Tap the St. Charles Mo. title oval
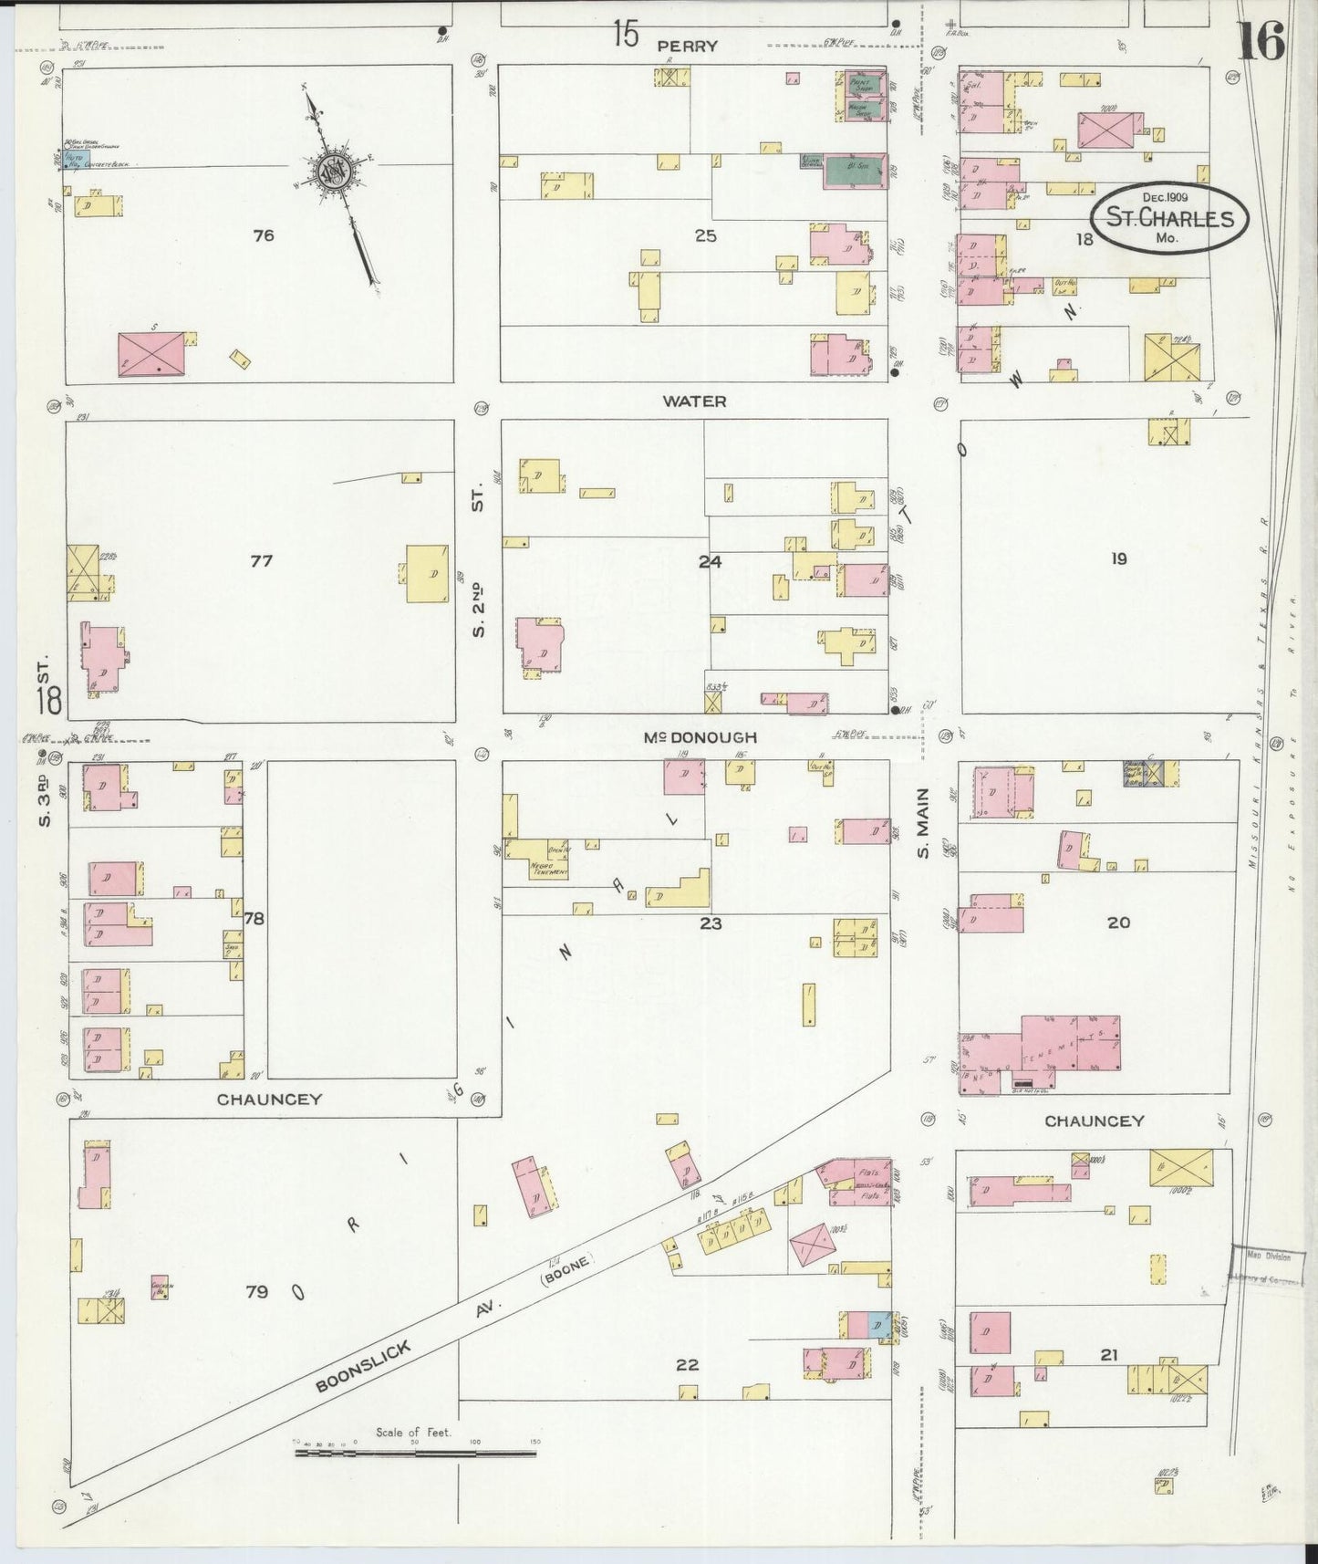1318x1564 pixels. click(x=1163, y=218)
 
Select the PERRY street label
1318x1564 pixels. click(x=690, y=46)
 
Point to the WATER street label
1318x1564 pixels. click(x=694, y=401)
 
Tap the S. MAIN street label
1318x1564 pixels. click(x=922, y=823)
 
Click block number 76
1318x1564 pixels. click(x=263, y=235)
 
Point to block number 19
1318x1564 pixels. click(x=1118, y=558)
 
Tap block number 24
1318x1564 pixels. click(x=710, y=561)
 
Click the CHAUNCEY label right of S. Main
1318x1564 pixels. click(x=1094, y=1121)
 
